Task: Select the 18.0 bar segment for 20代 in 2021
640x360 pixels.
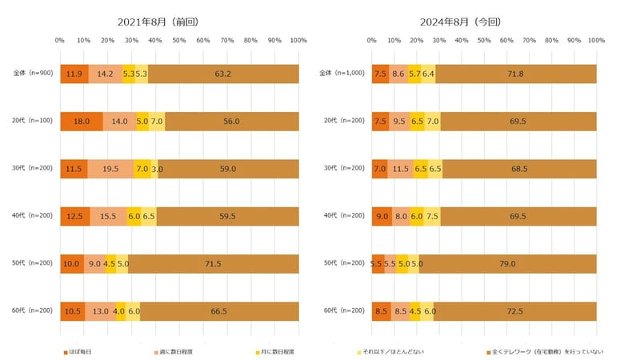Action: [x=82, y=121]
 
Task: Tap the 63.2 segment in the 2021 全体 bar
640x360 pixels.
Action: [x=223, y=74]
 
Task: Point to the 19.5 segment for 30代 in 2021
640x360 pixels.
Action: [x=110, y=169]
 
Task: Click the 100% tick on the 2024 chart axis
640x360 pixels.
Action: [x=595, y=39]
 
